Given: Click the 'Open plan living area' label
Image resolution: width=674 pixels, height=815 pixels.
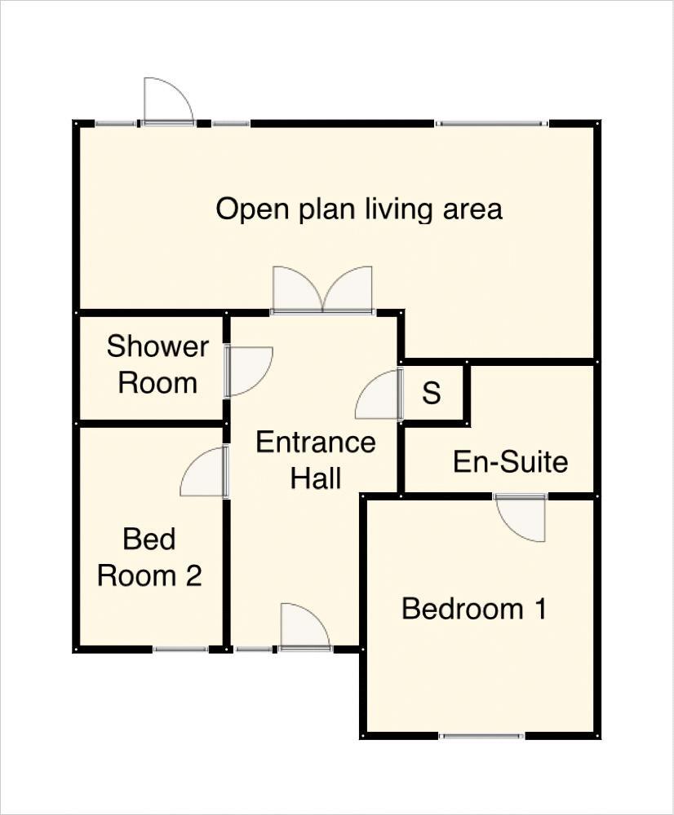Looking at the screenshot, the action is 359,209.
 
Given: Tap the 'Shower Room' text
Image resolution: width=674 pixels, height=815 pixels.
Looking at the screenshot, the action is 157,364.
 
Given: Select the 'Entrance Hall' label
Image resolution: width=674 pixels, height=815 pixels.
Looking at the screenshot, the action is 316,460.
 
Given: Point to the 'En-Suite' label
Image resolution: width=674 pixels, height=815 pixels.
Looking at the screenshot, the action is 510,461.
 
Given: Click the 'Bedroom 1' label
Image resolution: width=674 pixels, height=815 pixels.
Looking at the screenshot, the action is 474,608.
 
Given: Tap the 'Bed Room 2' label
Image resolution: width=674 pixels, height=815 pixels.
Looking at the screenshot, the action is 149,557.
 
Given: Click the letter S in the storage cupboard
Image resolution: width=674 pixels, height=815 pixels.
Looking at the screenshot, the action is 432,393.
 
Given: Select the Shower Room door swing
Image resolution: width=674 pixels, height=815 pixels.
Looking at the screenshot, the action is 251,371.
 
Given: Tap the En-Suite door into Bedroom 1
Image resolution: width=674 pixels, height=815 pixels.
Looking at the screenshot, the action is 521,518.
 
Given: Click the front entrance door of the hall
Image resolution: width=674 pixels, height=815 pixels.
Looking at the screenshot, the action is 305,625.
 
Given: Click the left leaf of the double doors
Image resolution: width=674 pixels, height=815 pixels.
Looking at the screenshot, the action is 298,289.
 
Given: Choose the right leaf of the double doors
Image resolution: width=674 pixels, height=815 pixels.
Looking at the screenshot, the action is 348,289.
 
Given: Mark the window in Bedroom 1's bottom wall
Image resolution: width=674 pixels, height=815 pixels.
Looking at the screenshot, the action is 481,735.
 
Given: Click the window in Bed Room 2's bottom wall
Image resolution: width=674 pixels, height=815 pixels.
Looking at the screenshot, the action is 181,649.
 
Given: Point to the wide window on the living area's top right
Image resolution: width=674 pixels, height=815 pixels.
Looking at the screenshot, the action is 491,124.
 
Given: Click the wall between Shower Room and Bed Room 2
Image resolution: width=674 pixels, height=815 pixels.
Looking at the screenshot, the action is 152,424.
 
